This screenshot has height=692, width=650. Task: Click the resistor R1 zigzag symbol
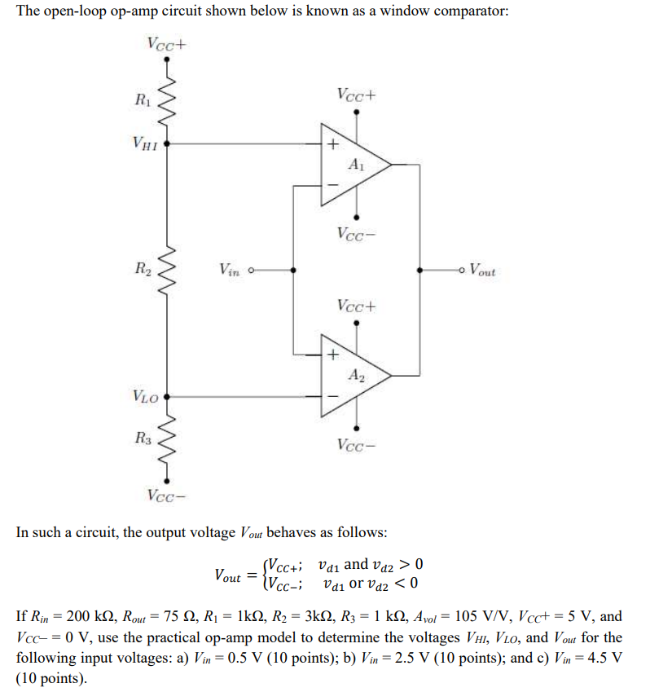(x=169, y=101)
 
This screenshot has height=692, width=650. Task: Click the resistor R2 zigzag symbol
(x=169, y=268)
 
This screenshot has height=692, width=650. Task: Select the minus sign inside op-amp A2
(x=332, y=397)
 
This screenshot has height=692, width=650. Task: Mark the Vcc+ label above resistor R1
(x=167, y=42)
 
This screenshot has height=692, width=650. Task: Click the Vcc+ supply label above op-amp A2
(x=357, y=306)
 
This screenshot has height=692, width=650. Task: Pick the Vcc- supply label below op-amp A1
(x=357, y=234)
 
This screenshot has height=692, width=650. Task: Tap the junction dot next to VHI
(x=169, y=144)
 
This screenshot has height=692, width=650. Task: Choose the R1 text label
(x=143, y=101)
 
